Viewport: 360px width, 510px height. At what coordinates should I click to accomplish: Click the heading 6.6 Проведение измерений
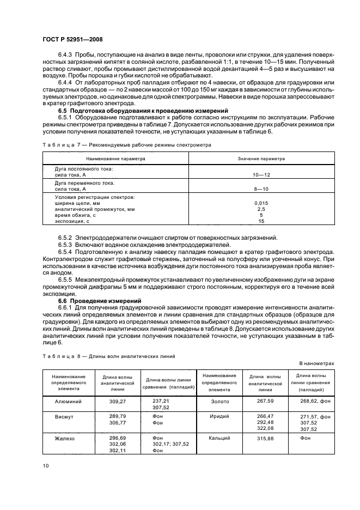pos(100,301)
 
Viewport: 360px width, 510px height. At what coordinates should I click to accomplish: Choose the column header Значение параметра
pos(261,159)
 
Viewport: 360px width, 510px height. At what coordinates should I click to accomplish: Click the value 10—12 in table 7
pos(261,175)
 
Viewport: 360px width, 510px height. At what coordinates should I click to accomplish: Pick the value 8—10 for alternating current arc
pos(261,189)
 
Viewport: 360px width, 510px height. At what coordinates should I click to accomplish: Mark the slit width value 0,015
pos(261,203)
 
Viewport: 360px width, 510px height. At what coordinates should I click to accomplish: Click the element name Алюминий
pos(65,401)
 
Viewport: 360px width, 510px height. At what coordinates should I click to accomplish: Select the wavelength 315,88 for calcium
pos(265,438)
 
